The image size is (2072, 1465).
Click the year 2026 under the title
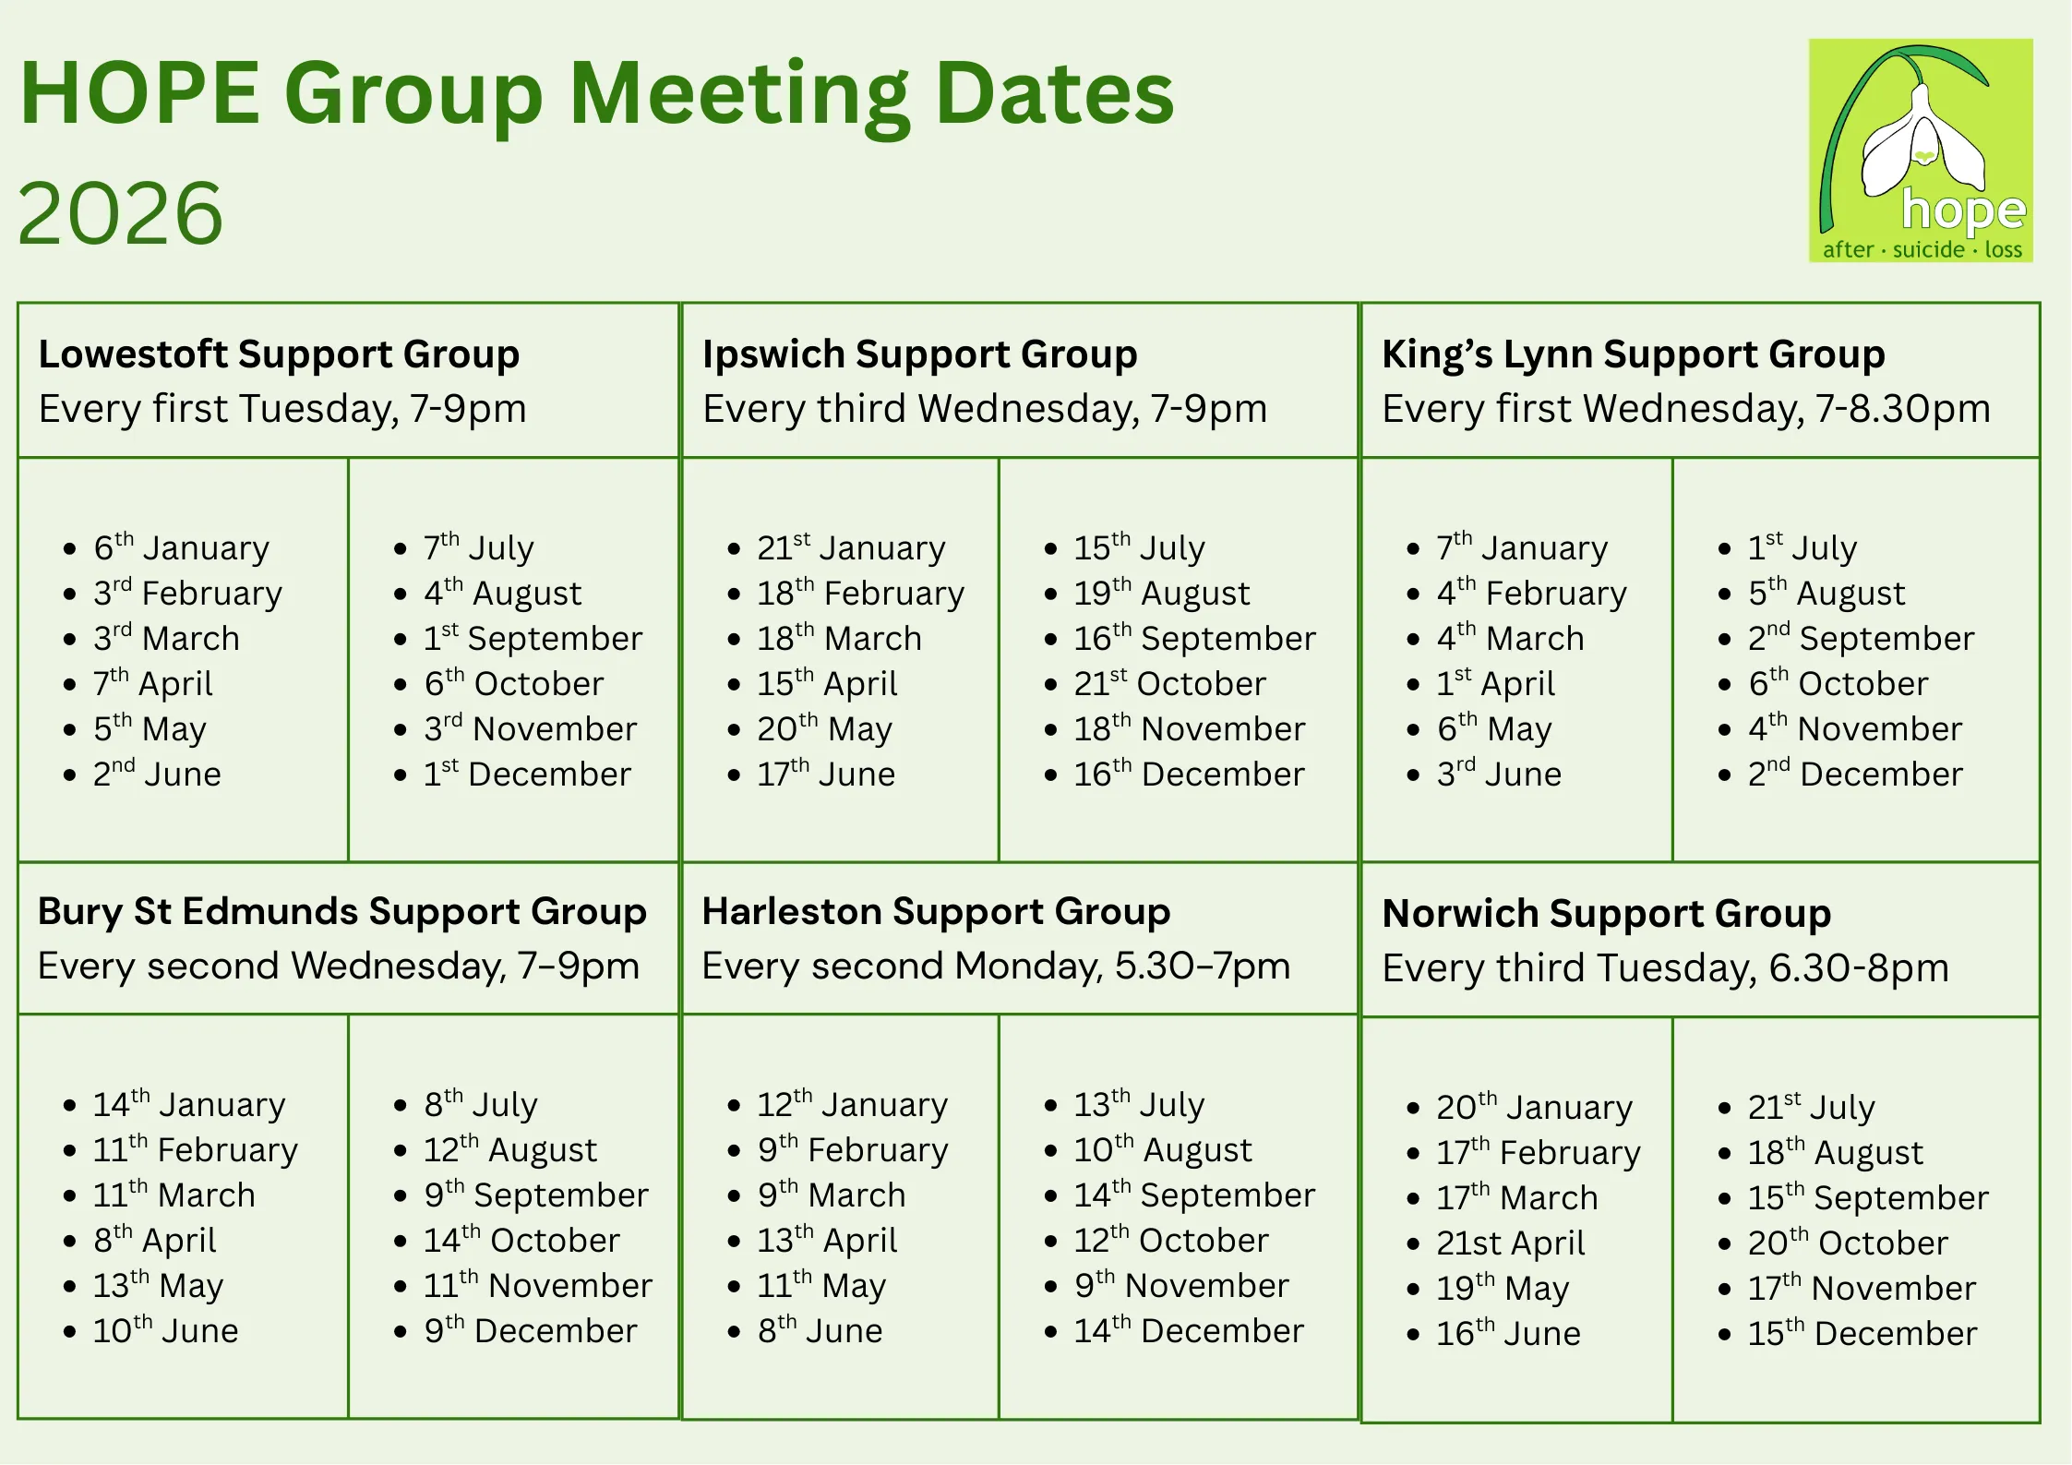click(120, 214)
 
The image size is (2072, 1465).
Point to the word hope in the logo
click(1963, 210)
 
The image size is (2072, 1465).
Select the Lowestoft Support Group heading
click(279, 354)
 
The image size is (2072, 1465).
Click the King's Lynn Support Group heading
click(1633, 354)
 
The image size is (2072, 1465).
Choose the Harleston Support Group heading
click(936, 912)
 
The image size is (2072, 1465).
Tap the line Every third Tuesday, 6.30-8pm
click(1665, 968)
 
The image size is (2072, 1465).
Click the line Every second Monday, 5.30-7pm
click(995, 967)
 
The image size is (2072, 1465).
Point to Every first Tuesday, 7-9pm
click(282, 409)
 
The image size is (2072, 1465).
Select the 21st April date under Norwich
click(1510, 1243)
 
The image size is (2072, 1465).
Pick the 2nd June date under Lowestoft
click(157, 775)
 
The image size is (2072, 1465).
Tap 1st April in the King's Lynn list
click(1495, 684)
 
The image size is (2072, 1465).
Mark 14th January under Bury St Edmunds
click(189, 1105)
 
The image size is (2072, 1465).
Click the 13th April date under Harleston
click(827, 1241)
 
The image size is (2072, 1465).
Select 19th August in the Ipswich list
click(1161, 594)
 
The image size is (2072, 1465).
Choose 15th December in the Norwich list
click(1862, 1334)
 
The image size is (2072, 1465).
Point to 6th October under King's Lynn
click(1838, 684)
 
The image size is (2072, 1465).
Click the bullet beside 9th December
click(401, 1332)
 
